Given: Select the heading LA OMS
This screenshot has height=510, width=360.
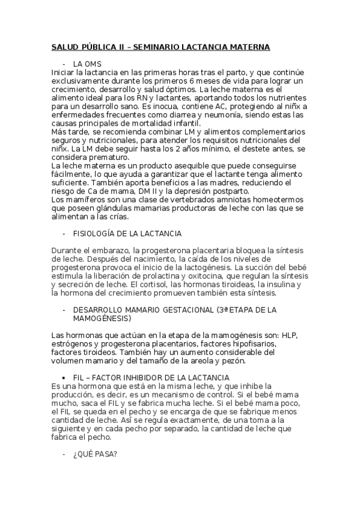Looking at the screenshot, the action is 87,64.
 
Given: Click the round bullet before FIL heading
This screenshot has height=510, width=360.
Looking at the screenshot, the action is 64,377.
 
